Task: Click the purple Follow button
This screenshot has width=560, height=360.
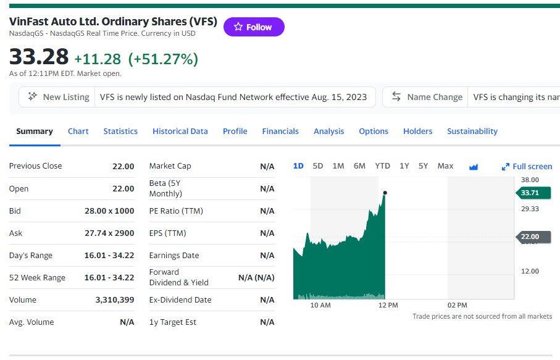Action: tap(254, 27)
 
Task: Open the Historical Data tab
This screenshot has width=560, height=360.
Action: tap(180, 131)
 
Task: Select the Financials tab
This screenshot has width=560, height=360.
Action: tap(280, 131)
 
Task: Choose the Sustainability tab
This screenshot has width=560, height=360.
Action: tap(472, 131)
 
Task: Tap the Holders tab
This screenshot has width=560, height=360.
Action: tap(417, 131)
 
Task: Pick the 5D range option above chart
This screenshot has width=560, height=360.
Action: tap(317, 165)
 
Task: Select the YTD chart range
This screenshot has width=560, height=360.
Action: tap(382, 165)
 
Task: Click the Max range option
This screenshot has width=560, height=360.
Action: tap(445, 165)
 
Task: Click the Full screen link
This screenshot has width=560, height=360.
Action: tap(527, 166)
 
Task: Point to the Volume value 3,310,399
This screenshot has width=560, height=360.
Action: tap(114, 299)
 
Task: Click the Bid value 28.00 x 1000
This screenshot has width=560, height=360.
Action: tap(109, 211)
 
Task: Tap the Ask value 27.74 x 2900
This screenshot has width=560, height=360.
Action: tap(109, 233)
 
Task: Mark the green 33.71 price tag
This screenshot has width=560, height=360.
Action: tap(532, 193)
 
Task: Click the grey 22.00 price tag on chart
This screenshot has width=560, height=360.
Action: tap(532, 237)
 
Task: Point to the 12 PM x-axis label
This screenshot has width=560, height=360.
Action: tap(388, 305)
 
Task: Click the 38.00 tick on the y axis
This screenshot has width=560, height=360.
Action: tap(530, 180)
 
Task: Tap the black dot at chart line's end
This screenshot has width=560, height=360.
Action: tap(385, 193)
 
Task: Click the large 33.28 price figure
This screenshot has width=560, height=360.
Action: tap(39, 57)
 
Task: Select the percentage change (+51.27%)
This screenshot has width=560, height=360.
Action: tap(163, 59)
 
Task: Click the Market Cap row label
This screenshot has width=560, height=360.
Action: tap(170, 165)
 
